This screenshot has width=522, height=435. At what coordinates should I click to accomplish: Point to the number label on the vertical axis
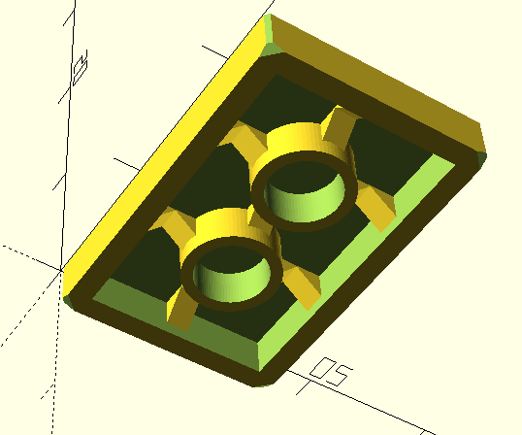pyautogui.click(x=82, y=65)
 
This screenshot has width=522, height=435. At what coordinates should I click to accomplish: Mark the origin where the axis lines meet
pyautogui.click(x=61, y=271)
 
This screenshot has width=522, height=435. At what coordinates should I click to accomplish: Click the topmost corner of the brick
pyautogui.click(x=268, y=17)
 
